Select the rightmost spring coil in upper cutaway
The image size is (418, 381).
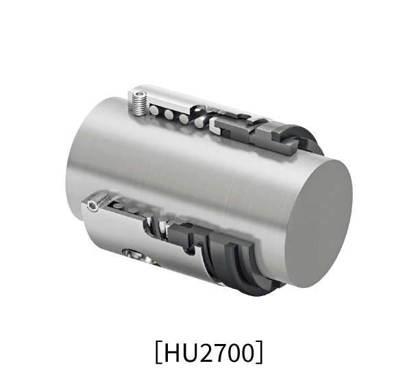point(199,122)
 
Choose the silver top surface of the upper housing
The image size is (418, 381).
point(171,96)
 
